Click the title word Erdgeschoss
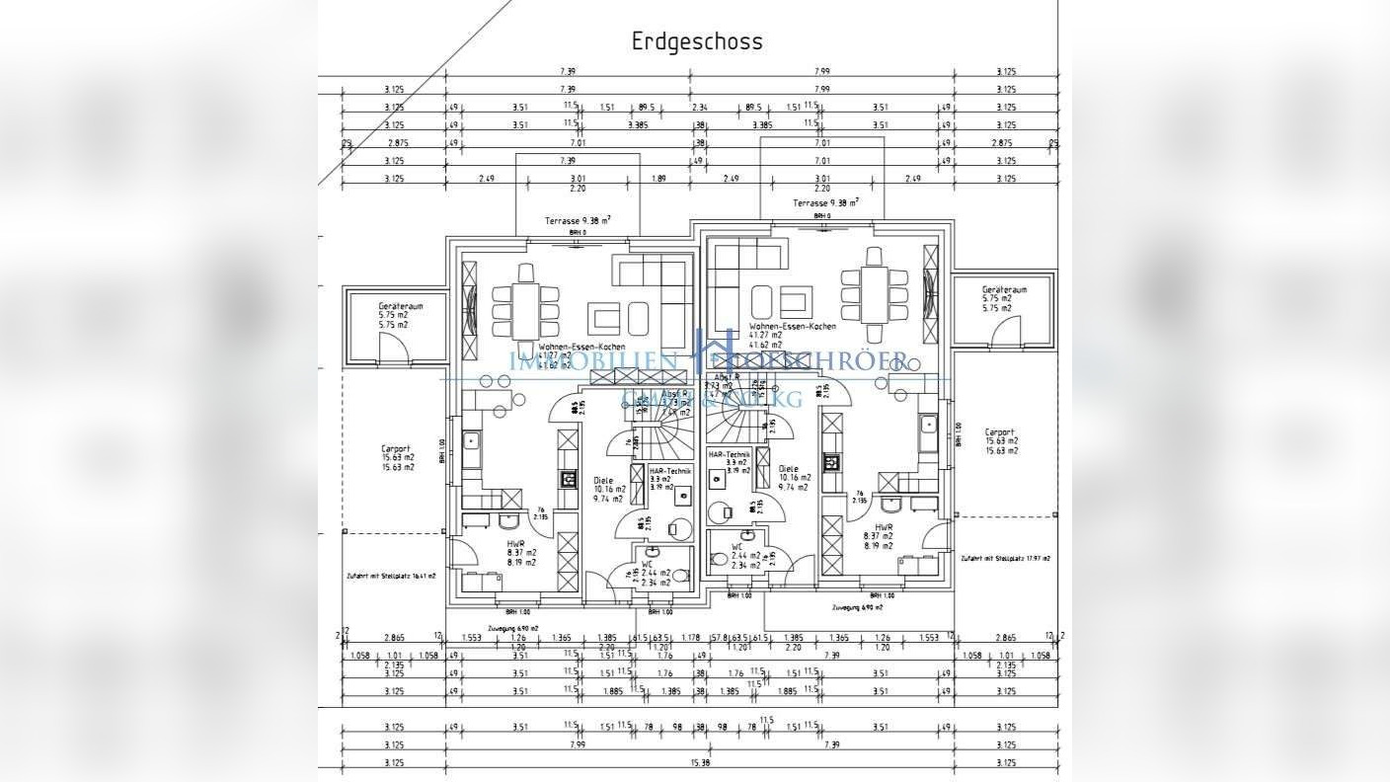[x=697, y=41]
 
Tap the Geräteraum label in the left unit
[x=400, y=306]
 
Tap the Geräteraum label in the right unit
[x=1004, y=289]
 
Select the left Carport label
[x=396, y=448]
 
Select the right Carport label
[x=1000, y=431]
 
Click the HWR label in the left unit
[x=515, y=544]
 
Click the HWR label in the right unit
[x=872, y=527]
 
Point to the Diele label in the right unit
[x=788, y=469]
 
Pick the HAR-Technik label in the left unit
[x=670, y=471]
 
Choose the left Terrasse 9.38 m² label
[x=578, y=220]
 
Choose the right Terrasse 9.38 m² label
[x=824, y=203]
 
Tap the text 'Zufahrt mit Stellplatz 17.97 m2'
[x=1005, y=558]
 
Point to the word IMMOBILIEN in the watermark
[x=592, y=360]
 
